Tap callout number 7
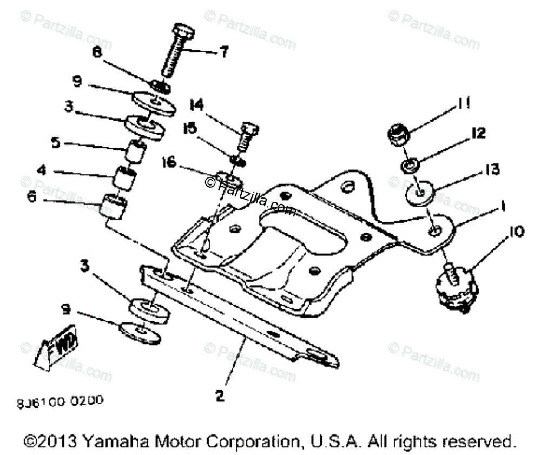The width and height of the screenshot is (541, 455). tap(223, 52)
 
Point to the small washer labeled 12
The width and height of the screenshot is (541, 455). tap(409, 164)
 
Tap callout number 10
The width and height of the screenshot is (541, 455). tap(516, 233)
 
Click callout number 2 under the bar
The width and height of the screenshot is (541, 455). tap(219, 396)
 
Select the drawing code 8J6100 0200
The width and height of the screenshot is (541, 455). tap(60, 402)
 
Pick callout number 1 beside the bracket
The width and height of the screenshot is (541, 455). tap(503, 206)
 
